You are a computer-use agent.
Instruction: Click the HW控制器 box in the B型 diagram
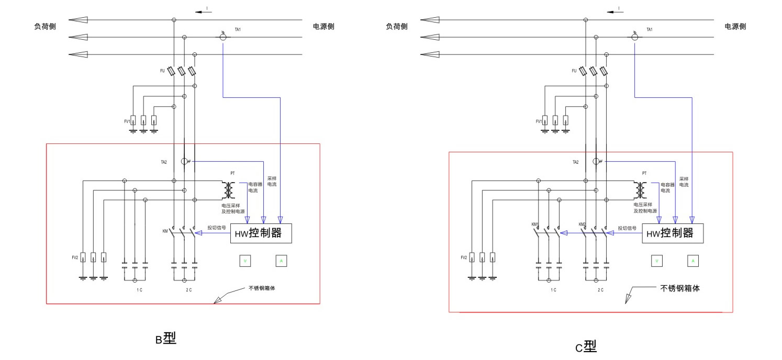pos(261,233)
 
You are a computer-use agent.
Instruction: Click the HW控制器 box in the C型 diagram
pos(673,233)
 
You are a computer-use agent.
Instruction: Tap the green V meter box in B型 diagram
pos(245,261)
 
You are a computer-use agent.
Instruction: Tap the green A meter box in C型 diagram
pos(692,261)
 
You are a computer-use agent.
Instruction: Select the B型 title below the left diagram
pos(165,339)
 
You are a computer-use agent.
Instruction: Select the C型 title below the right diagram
pos(586,346)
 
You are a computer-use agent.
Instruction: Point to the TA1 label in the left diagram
pos(238,29)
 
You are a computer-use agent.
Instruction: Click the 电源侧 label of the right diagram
pos(735,27)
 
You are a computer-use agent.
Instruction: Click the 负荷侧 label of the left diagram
pos(45,27)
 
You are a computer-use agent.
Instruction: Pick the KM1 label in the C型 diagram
pos(534,224)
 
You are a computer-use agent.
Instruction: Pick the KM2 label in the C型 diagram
pos(582,224)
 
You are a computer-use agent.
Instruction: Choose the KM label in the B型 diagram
pos(165,230)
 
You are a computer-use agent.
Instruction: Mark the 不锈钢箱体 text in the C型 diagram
pos(680,288)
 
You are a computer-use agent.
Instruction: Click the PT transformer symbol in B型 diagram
pos(228,190)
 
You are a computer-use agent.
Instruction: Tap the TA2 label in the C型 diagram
pos(576,162)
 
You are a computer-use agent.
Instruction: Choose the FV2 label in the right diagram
pos(464,257)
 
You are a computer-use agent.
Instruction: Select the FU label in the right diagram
pos(574,70)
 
